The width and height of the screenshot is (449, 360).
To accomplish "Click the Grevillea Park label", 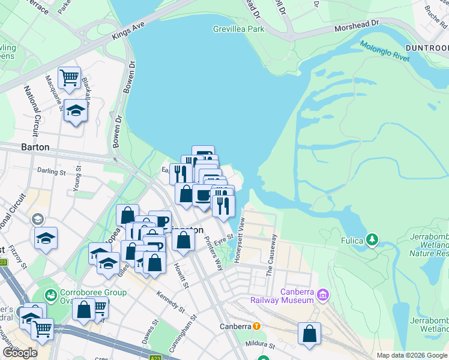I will click(238, 29).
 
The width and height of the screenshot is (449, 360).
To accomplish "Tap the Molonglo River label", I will click(384, 51).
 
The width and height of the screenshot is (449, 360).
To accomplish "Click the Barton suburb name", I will click(35, 147).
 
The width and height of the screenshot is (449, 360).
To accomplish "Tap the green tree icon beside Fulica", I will click(373, 240).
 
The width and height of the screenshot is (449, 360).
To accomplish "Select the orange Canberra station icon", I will click(256, 326).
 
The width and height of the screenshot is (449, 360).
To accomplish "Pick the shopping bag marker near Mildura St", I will click(309, 334).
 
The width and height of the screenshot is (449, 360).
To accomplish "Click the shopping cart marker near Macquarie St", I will click(70, 77).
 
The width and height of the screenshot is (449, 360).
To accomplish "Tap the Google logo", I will click(20, 353).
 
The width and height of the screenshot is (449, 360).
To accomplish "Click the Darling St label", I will click(51, 172).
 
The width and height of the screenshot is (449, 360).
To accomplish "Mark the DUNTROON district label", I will click(426, 47).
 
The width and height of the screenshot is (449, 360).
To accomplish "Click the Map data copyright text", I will click(412, 355).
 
